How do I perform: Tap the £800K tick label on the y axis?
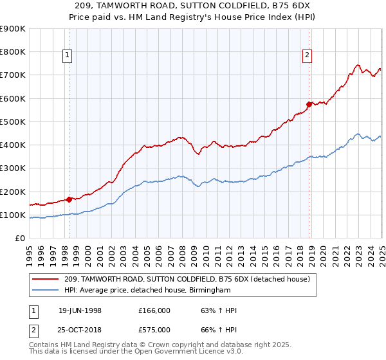point(13,52)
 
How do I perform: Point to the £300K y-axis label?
point(13,168)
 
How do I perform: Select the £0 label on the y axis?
point(20,239)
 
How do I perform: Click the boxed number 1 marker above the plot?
point(68,56)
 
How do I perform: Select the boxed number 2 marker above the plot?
point(308,56)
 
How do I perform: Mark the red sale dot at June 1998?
point(69,199)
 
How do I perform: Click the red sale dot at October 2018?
point(309,104)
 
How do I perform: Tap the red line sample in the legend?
point(46,279)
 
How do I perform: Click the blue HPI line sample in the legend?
point(46,291)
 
